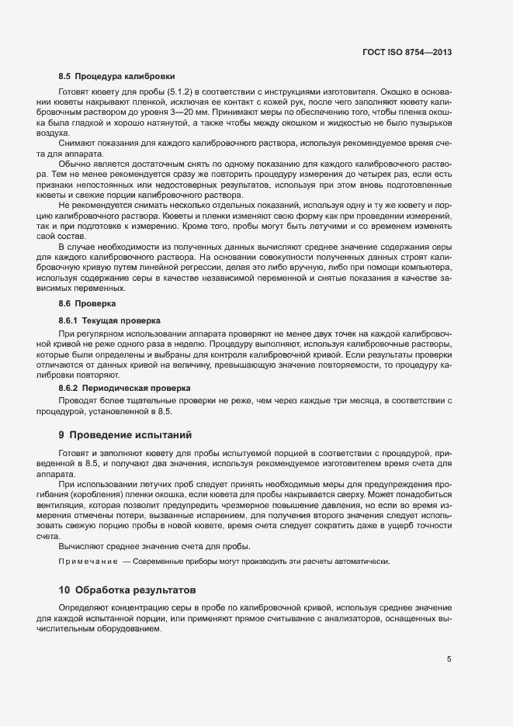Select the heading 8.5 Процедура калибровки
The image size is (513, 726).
pos(116,77)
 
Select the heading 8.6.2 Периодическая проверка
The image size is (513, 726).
pos(124,388)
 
